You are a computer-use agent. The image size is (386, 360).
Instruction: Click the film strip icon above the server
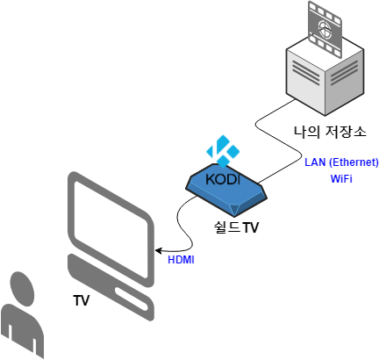(325, 29)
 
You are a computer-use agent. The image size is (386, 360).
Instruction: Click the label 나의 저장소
(330, 132)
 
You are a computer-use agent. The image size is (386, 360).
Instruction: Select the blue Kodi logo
(223, 151)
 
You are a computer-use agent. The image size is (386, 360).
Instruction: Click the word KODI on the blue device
(223, 179)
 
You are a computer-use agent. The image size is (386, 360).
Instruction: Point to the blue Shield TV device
(226, 191)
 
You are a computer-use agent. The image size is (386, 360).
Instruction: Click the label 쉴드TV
(236, 227)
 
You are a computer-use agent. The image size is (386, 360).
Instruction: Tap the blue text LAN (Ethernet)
(341, 162)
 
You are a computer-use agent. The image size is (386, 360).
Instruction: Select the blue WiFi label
(341, 179)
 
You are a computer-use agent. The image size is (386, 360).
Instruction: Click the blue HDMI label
(181, 260)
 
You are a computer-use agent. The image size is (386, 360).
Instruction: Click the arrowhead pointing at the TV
(159, 251)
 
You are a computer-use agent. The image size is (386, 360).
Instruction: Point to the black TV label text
(81, 300)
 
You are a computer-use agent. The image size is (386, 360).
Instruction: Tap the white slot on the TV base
(132, 299)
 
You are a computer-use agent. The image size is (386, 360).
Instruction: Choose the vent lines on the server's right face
(345, 73)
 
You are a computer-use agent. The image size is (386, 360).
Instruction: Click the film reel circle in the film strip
(325, 29)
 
